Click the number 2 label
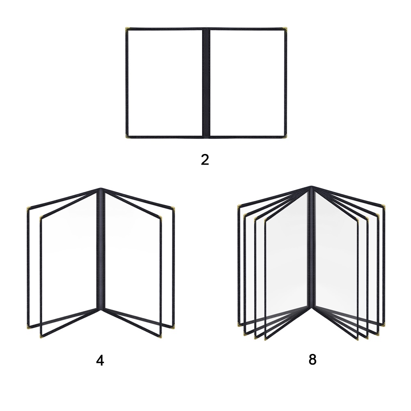[205, 159]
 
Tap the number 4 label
[100, 360]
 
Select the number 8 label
[312, 360]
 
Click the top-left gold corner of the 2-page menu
[127, 29]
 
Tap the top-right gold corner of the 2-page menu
[285, 29]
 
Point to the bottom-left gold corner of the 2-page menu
[127, 136]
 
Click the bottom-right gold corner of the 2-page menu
[285, 136]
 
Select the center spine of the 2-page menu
[206, 82]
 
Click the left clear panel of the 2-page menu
[165, 82]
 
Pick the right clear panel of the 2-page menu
[247, 82]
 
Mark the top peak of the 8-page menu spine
[311, 188]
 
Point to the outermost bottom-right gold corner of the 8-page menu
[384, 324]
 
